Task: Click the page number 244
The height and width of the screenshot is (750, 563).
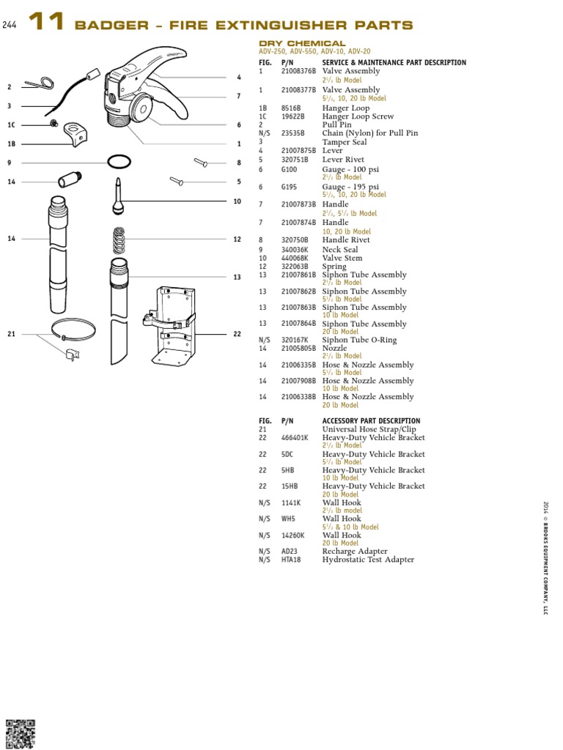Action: (x=9, y=26)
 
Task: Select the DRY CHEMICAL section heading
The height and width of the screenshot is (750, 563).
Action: (x=302, y=44)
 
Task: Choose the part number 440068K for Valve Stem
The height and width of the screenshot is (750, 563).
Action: (x=293, y=258)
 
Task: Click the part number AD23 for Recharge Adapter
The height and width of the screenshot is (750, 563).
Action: (x=290, y=552)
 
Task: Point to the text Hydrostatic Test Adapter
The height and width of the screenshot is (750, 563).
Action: (x=368, y=560)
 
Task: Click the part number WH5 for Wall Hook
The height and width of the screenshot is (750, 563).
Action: (x=288, y=519)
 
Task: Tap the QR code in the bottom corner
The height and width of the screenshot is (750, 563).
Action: (x=20, y=734)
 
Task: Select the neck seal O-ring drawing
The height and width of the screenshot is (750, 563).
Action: (x=119, y=162)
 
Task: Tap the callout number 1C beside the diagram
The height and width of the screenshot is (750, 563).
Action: (x=11, y=125)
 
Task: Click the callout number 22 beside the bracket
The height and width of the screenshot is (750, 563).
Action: (x=237, y=334)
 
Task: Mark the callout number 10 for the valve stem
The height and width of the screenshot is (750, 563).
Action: (x=237, y=201)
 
